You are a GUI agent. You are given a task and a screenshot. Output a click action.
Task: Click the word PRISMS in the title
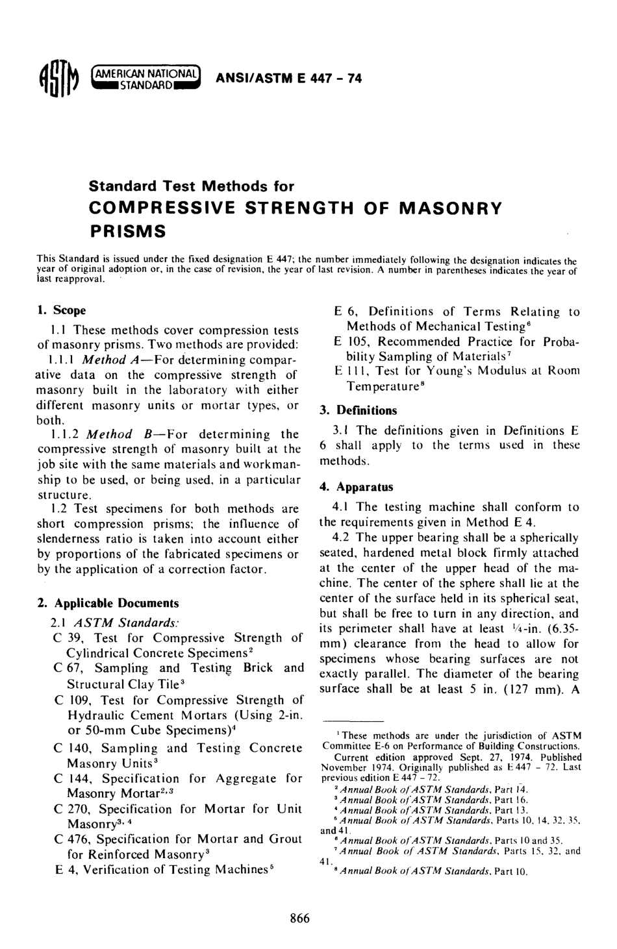click(x=127, y=230)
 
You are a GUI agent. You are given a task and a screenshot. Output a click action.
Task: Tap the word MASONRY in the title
click(x=450, y=208)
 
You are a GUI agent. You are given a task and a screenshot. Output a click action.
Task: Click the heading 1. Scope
click(x=62, y=310)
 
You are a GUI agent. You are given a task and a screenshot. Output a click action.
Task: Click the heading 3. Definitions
click(x=358, y=410)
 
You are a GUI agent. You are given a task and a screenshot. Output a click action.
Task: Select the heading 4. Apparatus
click(x=357, y=487)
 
